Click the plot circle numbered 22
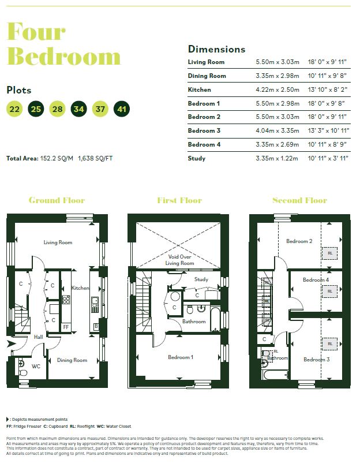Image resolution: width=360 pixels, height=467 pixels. (x=14, y=109)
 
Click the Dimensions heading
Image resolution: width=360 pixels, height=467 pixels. (x=216, y=49)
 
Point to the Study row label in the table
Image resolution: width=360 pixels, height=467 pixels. (x=197, y=158)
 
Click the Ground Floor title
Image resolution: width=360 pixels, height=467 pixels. (x=57, y=200)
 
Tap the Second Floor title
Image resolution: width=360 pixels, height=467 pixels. (x=299, y=200)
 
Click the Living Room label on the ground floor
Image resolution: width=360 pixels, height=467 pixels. (x=58, y=242)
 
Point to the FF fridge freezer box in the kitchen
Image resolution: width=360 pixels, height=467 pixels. (x=66, y=327)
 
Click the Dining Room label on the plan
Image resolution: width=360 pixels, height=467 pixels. (x=72, y=360)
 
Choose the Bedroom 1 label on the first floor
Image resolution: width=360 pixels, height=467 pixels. (x=181, y=357)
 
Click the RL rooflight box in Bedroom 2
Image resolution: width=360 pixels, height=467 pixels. (x=330, y=253)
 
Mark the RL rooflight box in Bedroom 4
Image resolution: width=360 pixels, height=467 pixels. (x=330, y=292)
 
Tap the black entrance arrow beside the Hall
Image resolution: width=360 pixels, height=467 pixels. (x=11, y=345)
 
